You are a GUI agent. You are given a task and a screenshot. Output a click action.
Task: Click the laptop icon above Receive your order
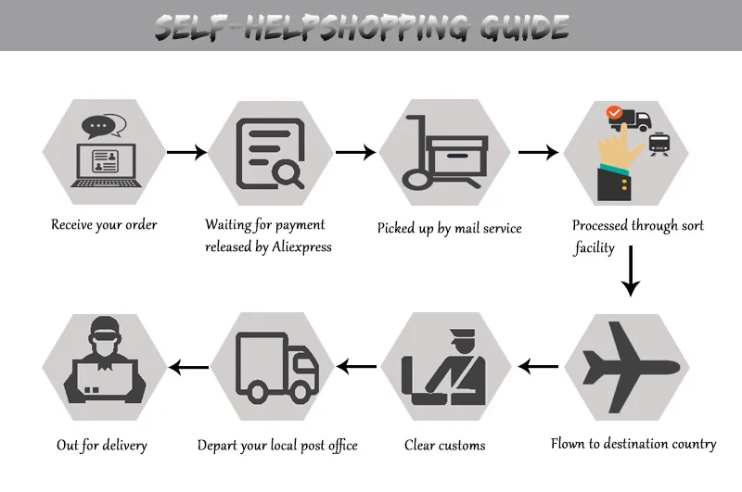[x=103, y=165]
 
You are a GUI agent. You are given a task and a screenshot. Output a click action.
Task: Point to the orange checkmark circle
[x=613, y=114]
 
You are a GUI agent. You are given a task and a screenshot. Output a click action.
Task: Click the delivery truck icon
[x=276, y=368]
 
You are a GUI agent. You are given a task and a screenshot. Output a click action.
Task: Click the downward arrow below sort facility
[x=631, y=271]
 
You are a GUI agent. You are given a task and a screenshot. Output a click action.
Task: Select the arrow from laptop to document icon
[x=187, y=152]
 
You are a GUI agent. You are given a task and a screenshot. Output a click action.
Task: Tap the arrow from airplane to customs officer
[x=538, y=368]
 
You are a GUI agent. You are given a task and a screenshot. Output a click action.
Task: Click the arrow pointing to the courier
[x=187, y=368]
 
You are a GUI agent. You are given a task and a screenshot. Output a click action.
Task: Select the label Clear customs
[x=444, y=446]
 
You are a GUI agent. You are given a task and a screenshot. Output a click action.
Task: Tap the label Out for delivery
[x=102, y=446]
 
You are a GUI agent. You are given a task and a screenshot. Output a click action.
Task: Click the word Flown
[x=569, y=444]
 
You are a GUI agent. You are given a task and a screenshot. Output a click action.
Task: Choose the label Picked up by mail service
[x=450, y=228]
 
